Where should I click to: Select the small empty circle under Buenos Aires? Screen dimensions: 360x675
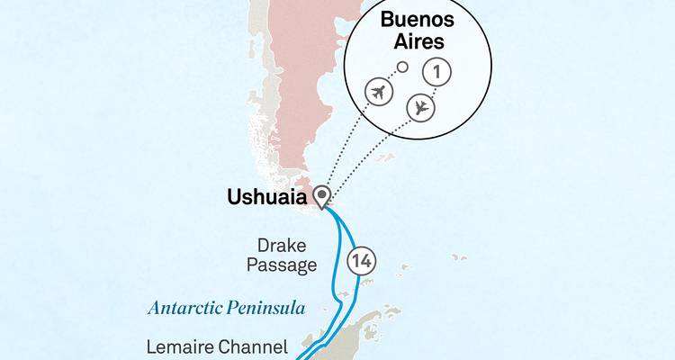click(403, 67)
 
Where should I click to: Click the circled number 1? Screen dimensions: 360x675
click(437, 72)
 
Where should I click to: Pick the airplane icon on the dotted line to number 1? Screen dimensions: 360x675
click(420, 107)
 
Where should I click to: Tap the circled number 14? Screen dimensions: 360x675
click(362, 261)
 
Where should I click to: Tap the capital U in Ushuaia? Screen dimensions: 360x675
click(234, 194)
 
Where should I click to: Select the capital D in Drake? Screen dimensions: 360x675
click(263, 244)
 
